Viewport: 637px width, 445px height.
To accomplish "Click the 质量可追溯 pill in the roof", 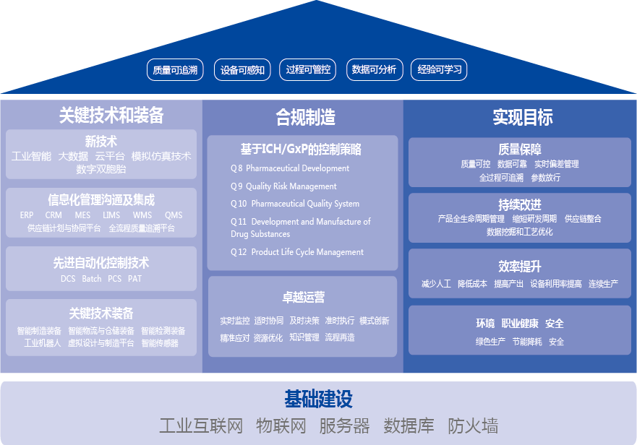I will tap(175, 70).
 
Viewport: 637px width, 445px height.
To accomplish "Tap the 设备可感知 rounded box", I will tap(243, 70).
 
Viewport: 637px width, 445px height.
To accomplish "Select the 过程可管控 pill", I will tap(308, 70).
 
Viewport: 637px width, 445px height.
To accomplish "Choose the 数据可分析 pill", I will tap(374, 70).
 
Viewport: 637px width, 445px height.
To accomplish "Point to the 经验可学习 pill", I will tap(440, 70).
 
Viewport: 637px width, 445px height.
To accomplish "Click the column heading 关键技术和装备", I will tap(111, 116).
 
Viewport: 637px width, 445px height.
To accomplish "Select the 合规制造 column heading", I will tap(305, 117).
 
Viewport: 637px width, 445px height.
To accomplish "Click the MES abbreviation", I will tap(82, 215).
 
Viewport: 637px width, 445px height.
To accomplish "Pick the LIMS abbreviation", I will tap(111, 215).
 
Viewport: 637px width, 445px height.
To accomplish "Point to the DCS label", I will tap(68, 279).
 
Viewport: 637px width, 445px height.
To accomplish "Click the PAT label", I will tap(134, 279).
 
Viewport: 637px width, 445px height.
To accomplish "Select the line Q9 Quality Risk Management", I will tap(283, 186).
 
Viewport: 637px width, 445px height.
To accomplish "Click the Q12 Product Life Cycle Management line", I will tap(297, 252).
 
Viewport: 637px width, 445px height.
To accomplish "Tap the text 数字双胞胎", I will tap(101, 169).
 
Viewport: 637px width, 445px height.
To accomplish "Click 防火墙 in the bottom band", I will tap(473, 425).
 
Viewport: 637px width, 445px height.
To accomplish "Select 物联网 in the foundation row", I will tap(281, 425).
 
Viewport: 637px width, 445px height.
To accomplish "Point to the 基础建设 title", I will tap(318, 399).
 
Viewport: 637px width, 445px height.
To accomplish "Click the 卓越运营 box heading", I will tap(303, 297).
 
